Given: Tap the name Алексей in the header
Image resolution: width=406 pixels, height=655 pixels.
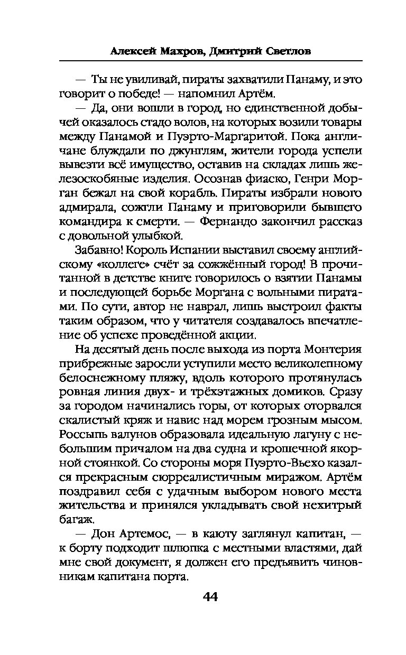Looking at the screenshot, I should coord(133,51).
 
